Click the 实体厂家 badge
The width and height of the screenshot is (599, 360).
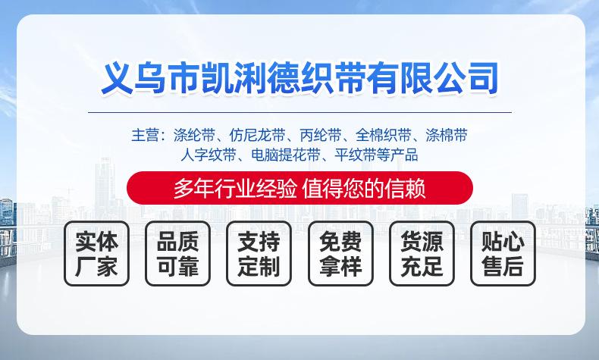tap(96, 253)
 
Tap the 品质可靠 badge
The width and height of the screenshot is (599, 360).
tap(177, 253)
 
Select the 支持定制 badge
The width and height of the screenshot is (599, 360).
tap(259, 253)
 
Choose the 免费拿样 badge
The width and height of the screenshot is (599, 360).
tap(340, 253)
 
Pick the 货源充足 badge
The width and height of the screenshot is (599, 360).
tap(422, 253)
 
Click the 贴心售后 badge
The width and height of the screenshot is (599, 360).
tap(503, 253)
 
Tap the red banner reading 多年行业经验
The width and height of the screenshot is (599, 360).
tap(300, 188)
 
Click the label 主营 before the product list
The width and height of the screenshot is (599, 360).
tap(145, 135)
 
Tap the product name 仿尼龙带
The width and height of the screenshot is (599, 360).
tap(258, 135)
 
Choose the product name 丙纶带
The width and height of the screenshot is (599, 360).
tap(321, 135)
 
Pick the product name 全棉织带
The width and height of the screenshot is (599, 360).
tap(384, 135)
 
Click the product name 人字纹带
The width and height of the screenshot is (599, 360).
tap(209, 155)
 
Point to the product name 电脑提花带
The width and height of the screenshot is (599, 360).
tap(286, 155)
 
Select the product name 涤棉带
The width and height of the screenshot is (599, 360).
tap(447, 135)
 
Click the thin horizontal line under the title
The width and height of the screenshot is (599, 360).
tap(300, 113)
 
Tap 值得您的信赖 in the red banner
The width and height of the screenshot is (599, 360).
tap(364, 188)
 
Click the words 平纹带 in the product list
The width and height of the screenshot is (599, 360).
tap(356, 155)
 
